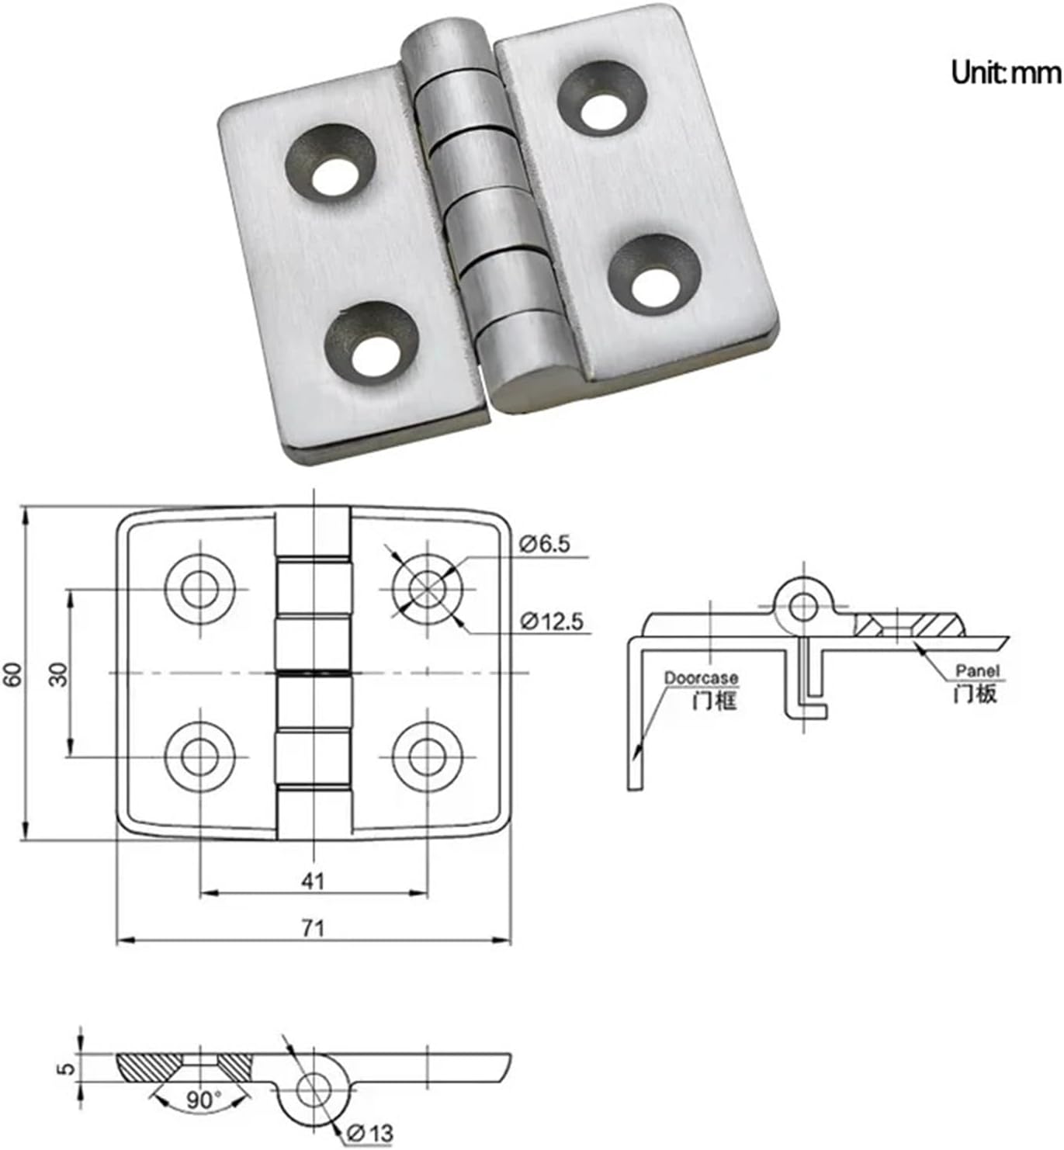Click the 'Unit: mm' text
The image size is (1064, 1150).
click(1005, 72)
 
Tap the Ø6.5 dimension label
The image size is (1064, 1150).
click(545, 544)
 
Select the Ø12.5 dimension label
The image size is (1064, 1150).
click(552, 622)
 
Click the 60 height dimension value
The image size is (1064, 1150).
click(13, 674)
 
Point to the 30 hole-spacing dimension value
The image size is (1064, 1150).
click(59, 674)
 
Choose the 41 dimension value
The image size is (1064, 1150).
click(313, 881)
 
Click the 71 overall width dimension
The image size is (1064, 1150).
click(313, 927)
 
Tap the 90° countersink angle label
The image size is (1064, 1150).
click(203, 1100)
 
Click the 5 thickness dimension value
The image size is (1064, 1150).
click(68, 1068)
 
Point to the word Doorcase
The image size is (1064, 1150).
click(701, 678)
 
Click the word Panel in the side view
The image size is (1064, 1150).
click(977, 670)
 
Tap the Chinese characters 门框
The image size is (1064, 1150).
click(714, 701)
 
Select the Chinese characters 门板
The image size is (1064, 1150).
click(975, 693)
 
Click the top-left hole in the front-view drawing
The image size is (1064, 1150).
click(200, 589)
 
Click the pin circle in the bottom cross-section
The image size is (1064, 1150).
click(313, 1089)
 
